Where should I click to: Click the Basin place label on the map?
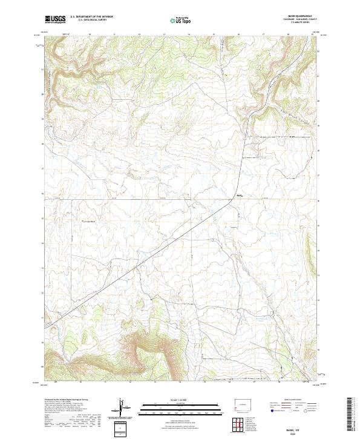click(239, 195)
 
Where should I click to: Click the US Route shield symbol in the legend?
click(289, 411)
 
